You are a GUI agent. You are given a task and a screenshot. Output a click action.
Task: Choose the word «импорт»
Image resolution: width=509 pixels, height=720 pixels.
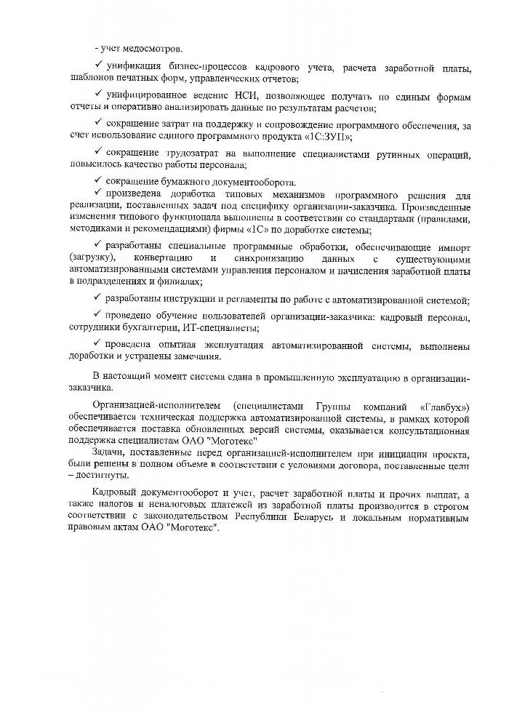coord(452,247)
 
